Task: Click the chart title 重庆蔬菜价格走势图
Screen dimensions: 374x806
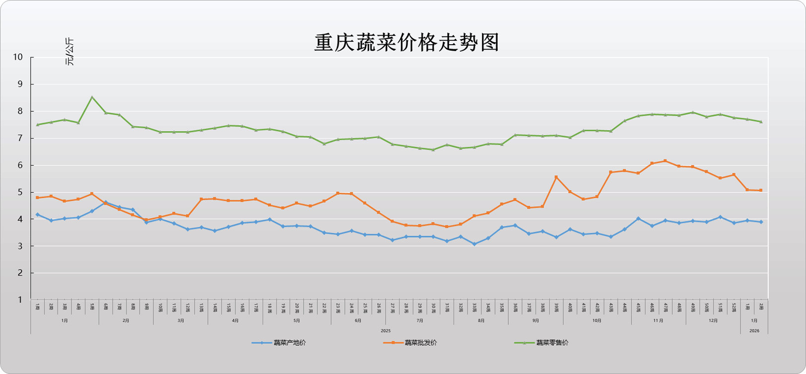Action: (406, 43)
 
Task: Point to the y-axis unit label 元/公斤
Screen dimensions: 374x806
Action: (69, 52)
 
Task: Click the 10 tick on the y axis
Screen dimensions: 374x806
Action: (18, 57)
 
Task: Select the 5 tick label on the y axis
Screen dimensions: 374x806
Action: (20, 192)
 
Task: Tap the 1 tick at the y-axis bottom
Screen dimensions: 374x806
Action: (20, 300)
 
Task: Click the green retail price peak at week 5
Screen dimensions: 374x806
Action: (92, 97)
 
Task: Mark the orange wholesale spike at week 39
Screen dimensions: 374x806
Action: (556, 177)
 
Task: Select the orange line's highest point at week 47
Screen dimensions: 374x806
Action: (666, 161)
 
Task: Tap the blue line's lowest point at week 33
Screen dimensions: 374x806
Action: (474, 244)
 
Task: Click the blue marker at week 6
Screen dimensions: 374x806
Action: (106, 203)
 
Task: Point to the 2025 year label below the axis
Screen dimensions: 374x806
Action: (386, 331)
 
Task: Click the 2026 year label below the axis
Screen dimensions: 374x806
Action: (754, 331)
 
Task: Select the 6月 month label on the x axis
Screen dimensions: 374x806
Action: (358, 321)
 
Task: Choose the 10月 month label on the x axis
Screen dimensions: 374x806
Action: (597, 321)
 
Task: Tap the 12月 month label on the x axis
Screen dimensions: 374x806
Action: (713, 321)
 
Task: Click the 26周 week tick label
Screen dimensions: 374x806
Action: (379, 307)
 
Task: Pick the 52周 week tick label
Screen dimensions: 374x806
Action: (734, 307)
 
